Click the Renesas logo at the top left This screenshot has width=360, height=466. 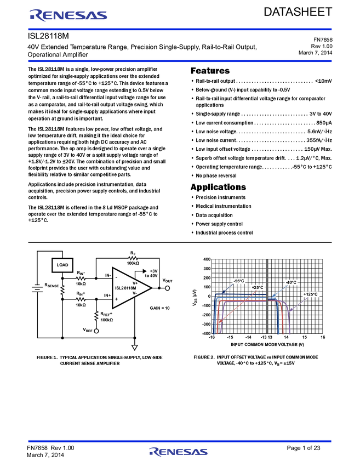(x=68, y=15)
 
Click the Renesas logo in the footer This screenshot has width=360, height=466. (x=179, y=452)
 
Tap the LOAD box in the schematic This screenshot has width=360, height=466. (x=62, y=265)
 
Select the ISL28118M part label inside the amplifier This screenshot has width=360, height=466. (x=125, y=288)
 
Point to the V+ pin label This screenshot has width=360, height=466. (x=135, y=283)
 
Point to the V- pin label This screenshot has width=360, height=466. (x=134, y=293)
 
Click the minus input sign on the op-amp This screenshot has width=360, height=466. (x=116, y=277)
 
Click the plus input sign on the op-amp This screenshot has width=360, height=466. (x=116, y=299)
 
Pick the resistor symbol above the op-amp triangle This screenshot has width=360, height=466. (x=133, y=258)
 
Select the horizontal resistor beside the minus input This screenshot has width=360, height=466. (x=81, y=279)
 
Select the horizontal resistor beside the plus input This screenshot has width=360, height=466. (x=81, y=299)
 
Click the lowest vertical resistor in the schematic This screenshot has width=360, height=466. (x=96, y=315)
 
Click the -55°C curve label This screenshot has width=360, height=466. (x=239, y=281)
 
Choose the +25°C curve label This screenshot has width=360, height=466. (x=257, y=287)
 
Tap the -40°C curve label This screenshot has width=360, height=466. (x=291, y=282)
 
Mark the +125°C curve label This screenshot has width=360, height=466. (x=311, y=294)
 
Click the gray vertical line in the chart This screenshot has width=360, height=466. (x=267, y=296)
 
